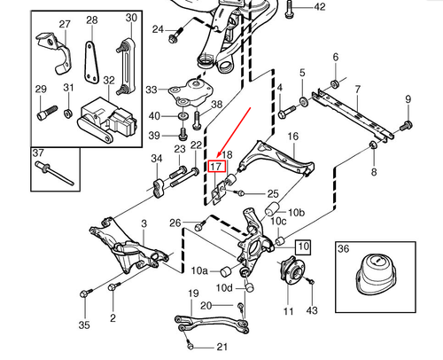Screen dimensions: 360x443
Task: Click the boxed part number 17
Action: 214,165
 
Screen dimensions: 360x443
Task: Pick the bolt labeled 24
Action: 175,36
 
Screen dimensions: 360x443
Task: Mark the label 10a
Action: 201,270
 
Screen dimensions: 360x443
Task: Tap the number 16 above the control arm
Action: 292,137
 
